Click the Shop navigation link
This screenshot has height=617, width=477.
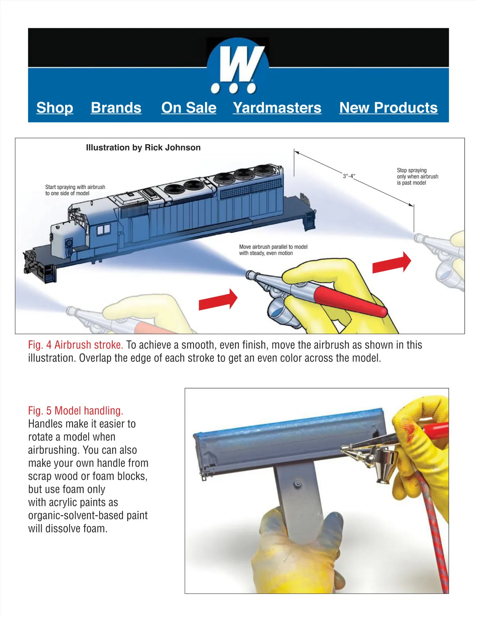click(x=55, y=108)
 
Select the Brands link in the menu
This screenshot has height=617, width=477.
click(x=116, y=108)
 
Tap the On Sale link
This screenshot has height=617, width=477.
click(x=189, y=108)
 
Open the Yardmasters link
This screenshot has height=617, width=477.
click(x=277, y=108)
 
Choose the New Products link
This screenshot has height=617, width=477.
click(x=388, y=108)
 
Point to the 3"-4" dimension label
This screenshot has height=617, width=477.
click(x=349, y=176)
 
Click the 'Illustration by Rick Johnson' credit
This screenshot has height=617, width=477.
click(x=143, y=148)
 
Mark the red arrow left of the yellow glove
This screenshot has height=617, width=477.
click(x=218, y=299)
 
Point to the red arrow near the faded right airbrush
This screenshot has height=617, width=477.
click(x=392, y=263)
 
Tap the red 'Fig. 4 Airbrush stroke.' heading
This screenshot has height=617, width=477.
click(x=76, y=345)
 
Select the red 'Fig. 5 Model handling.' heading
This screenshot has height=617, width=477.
click(x=76, y=411)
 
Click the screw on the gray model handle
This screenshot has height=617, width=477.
click(x=298, y=484)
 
